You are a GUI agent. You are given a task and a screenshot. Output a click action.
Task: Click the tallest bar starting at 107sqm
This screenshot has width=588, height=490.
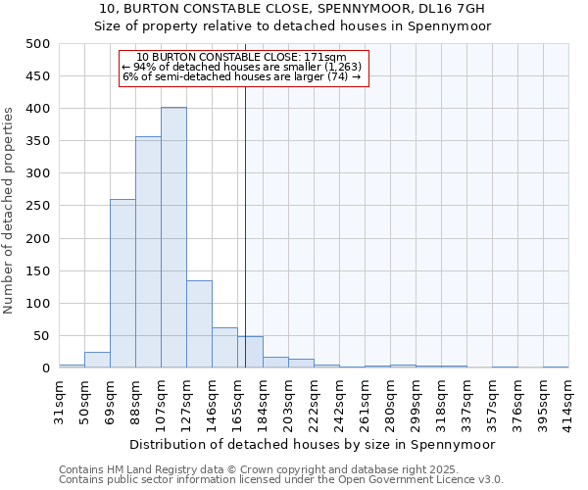pos(173,238)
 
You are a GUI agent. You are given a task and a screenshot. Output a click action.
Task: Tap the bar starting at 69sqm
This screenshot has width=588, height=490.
pos(122,284)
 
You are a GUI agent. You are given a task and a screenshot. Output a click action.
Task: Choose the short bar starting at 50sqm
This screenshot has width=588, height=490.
pos(97,360)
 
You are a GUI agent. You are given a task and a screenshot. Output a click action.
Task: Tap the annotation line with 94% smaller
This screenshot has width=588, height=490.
pos(242,67)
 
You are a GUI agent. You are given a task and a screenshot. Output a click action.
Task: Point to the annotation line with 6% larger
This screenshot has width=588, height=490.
pos(242,76)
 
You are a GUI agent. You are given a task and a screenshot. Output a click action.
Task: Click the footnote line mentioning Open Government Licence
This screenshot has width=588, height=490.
pos(281,480)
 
